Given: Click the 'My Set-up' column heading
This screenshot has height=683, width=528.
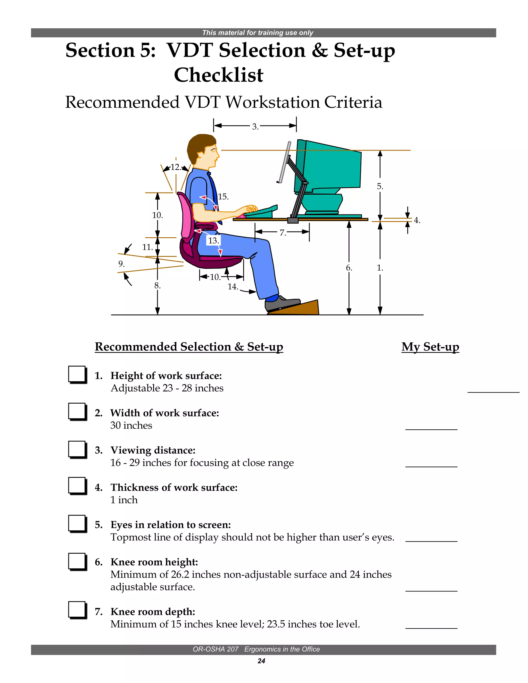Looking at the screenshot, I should (430, 347).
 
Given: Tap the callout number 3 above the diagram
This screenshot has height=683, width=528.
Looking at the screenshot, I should (255, 127).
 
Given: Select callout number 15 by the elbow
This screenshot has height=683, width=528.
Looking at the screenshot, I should (223, 197).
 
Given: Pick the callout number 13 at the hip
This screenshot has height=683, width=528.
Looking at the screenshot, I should (213, 240).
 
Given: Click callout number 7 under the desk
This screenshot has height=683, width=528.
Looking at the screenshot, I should (283, 233).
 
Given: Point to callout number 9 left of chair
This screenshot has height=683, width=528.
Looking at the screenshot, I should (121, 264).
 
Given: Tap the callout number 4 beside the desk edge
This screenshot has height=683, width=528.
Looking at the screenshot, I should (417, 220).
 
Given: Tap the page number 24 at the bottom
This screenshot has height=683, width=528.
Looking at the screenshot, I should (261, 661).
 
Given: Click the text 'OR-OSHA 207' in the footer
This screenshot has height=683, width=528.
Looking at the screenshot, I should (216, 649).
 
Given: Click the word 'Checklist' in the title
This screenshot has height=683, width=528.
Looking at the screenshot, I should (219, 75).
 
